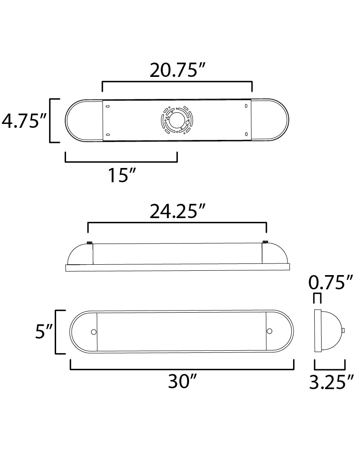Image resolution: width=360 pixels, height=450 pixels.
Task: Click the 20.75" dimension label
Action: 178,70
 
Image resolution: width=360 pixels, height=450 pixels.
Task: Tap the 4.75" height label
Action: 24,120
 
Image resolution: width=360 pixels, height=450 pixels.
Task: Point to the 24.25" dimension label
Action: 178,211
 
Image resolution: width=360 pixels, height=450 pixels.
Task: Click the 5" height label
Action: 44,332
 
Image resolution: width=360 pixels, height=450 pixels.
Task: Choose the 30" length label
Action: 182,381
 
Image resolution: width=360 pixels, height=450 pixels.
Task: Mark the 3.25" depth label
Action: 332,382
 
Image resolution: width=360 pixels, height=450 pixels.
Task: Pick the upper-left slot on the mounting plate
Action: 107,107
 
